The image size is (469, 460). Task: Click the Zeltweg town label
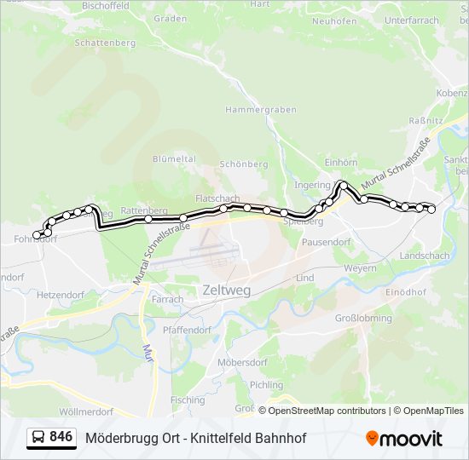point(227,290)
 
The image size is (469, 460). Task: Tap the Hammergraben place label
point(260,110)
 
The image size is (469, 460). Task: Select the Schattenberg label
point(106,42)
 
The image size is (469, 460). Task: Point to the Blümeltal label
point(174,159)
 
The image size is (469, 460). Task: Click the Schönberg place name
point(244,164)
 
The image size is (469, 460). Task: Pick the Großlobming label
point(362,319)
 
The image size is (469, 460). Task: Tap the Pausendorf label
point(327,243)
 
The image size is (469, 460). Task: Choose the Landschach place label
point(424,256)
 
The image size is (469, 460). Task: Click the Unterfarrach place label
point(412,20)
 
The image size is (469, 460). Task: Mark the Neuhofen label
point(333,20)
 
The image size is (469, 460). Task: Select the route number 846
point(61,437)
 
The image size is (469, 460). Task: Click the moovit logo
point(404,438)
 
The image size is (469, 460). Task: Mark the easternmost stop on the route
point(431,209)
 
